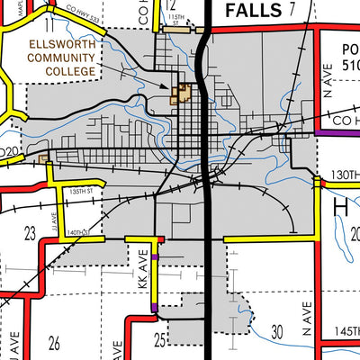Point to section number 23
(x=30, y=233)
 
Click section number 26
(x=54, y=342)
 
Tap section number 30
(x=277, y=330)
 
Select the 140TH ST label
(x=83, y=232)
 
